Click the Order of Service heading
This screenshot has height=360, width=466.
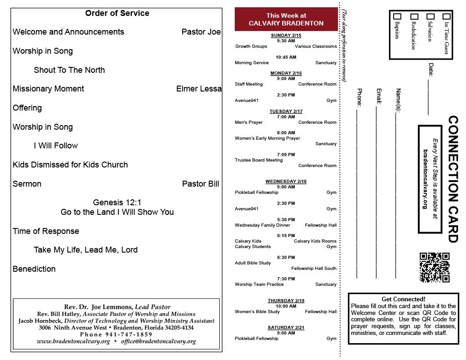(117, 13)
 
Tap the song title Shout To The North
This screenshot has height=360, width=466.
(69, 70)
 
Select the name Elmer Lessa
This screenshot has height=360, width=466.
(199, 89)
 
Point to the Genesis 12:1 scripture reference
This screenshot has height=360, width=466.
(117, 203)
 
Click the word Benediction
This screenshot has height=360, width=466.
(34, 269)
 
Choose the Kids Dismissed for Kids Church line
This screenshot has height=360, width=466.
(70, 165)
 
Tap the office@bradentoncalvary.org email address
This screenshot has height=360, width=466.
(158, 341)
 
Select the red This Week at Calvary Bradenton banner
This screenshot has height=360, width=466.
(286, 20)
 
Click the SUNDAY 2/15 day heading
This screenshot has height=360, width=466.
(286, 35)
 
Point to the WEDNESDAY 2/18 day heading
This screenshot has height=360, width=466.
(286, 182)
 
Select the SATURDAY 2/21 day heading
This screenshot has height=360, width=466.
(286, 328)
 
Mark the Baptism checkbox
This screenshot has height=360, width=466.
(397, 16)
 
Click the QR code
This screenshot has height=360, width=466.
(435, 268)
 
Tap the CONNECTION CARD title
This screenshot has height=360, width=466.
(453, 179)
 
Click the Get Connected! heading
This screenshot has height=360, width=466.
(403, 299)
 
